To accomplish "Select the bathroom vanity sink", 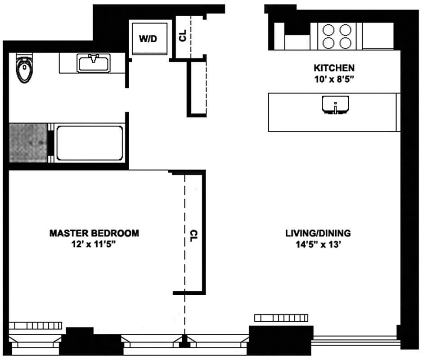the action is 93,63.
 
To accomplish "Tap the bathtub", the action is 90,143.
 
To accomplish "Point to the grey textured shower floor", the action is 28,143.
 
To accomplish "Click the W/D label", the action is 148,39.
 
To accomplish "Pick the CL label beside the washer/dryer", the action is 183,36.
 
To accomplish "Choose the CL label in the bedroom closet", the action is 193,236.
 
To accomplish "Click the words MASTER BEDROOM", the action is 94,233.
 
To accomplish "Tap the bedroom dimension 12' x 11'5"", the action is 94,244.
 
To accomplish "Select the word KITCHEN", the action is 334,68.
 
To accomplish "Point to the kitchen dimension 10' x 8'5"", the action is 334,79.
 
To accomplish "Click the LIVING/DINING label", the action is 318,233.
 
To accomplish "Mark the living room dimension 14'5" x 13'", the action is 319,244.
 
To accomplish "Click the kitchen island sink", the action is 335,105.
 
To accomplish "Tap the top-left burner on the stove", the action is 328,30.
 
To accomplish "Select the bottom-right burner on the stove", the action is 345,43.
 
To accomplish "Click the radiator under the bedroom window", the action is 36,325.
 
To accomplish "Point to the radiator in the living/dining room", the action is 281,318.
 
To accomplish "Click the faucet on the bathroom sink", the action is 93,58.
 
